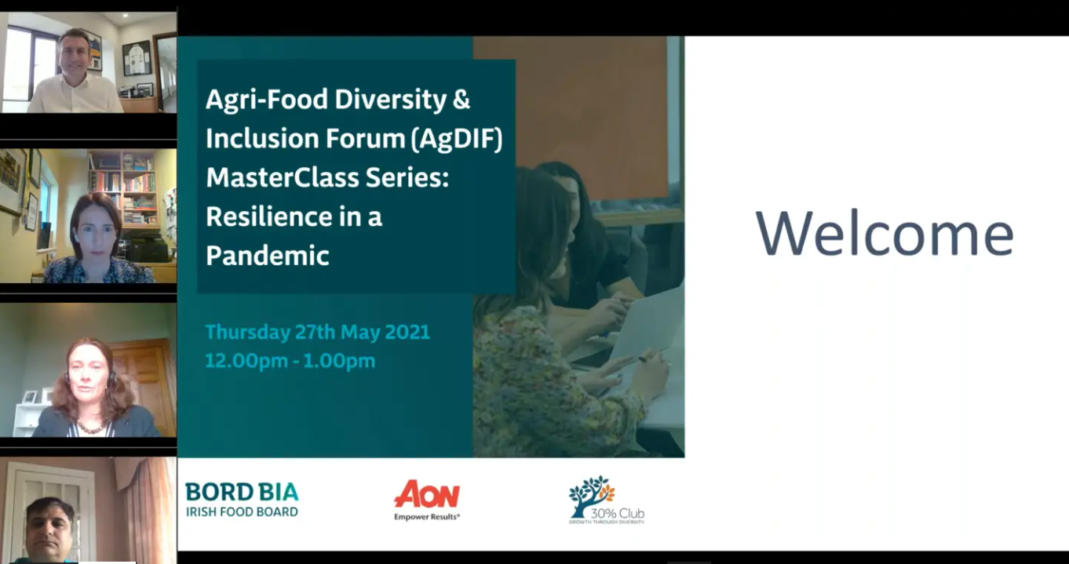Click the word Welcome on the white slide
click(885, 234)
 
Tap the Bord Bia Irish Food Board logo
click(242, 500)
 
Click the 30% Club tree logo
click(607, 500)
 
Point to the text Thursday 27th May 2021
click(317, 332)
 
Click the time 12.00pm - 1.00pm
click(290, 361)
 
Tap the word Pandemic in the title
click(268, 255)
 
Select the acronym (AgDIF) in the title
click(456, 139)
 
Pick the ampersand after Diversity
click(461, 100)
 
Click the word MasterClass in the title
click(282, 177)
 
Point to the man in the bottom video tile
click(50, 529)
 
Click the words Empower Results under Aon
click(427, 517)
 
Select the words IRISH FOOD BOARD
click(242, 512)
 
